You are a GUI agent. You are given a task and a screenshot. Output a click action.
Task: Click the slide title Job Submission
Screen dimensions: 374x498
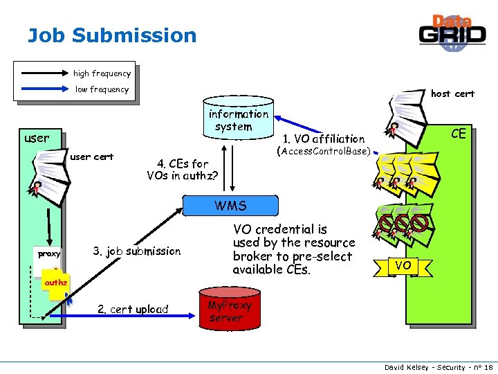point(112,35)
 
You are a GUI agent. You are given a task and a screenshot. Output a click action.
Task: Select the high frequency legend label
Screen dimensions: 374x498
point(102,73)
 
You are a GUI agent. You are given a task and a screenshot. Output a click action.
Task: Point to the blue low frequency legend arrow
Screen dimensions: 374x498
point(44,89)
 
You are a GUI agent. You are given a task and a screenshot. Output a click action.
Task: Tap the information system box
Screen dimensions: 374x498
point(239,121)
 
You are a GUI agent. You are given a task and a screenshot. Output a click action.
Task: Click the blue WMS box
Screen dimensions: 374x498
point(230,206)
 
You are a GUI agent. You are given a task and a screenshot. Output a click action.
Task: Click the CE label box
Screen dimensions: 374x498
point(459,134)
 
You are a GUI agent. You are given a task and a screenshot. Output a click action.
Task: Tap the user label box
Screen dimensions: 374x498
point(37,138)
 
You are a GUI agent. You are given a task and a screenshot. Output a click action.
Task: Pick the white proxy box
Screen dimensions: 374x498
point(49,254)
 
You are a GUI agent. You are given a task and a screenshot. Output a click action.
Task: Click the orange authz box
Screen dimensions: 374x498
point(55,283)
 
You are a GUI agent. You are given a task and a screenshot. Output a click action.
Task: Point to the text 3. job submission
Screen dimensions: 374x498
point(136,251)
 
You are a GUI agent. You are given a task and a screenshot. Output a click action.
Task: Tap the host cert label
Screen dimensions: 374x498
point(452,93)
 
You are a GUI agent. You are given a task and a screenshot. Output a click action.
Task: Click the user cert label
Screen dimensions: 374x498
point(92,157)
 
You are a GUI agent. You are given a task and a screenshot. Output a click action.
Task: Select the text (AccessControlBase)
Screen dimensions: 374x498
point(323,151)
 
